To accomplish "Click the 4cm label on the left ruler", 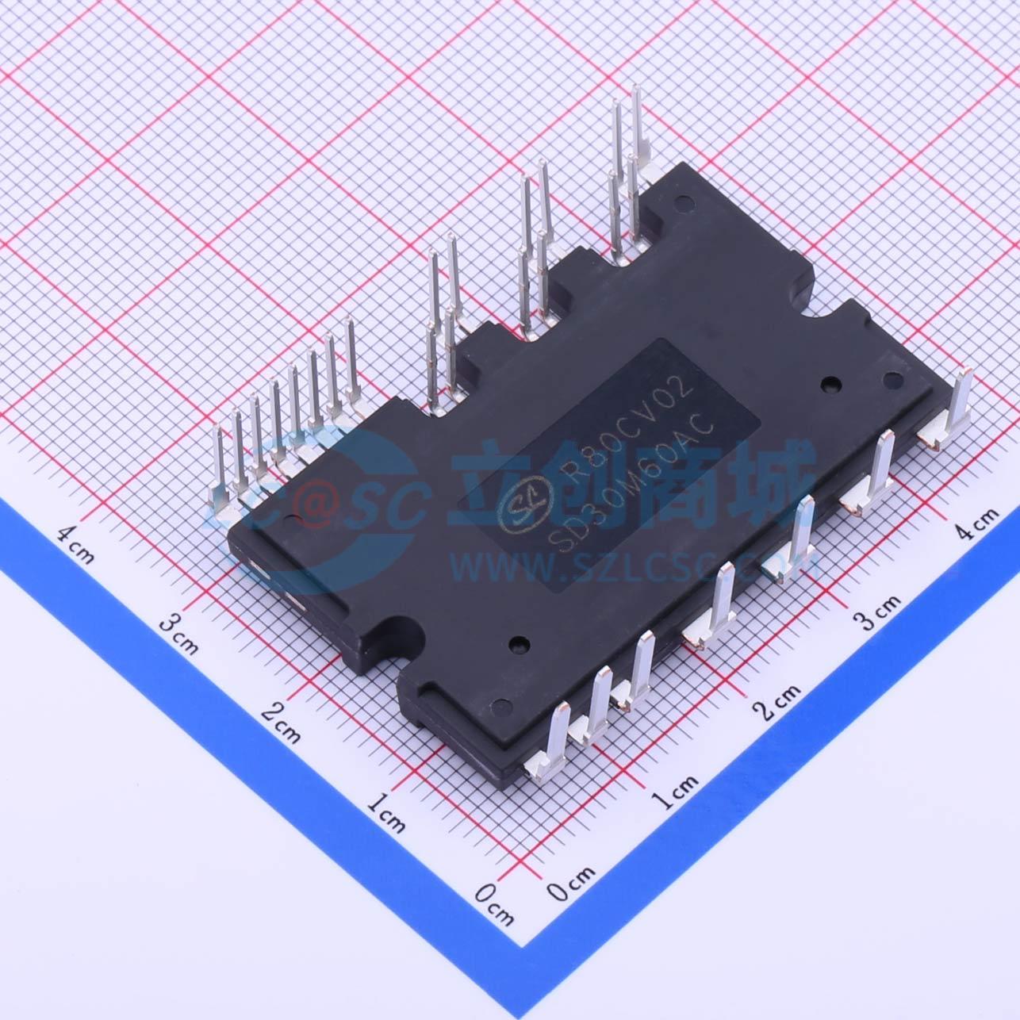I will (75, 543).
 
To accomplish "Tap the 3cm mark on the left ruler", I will (178, 633).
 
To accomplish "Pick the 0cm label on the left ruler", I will (494, 903).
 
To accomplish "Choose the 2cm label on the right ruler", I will (777, 701).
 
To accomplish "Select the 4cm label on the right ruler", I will (976, 522).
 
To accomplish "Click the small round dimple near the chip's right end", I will (832, 383).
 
